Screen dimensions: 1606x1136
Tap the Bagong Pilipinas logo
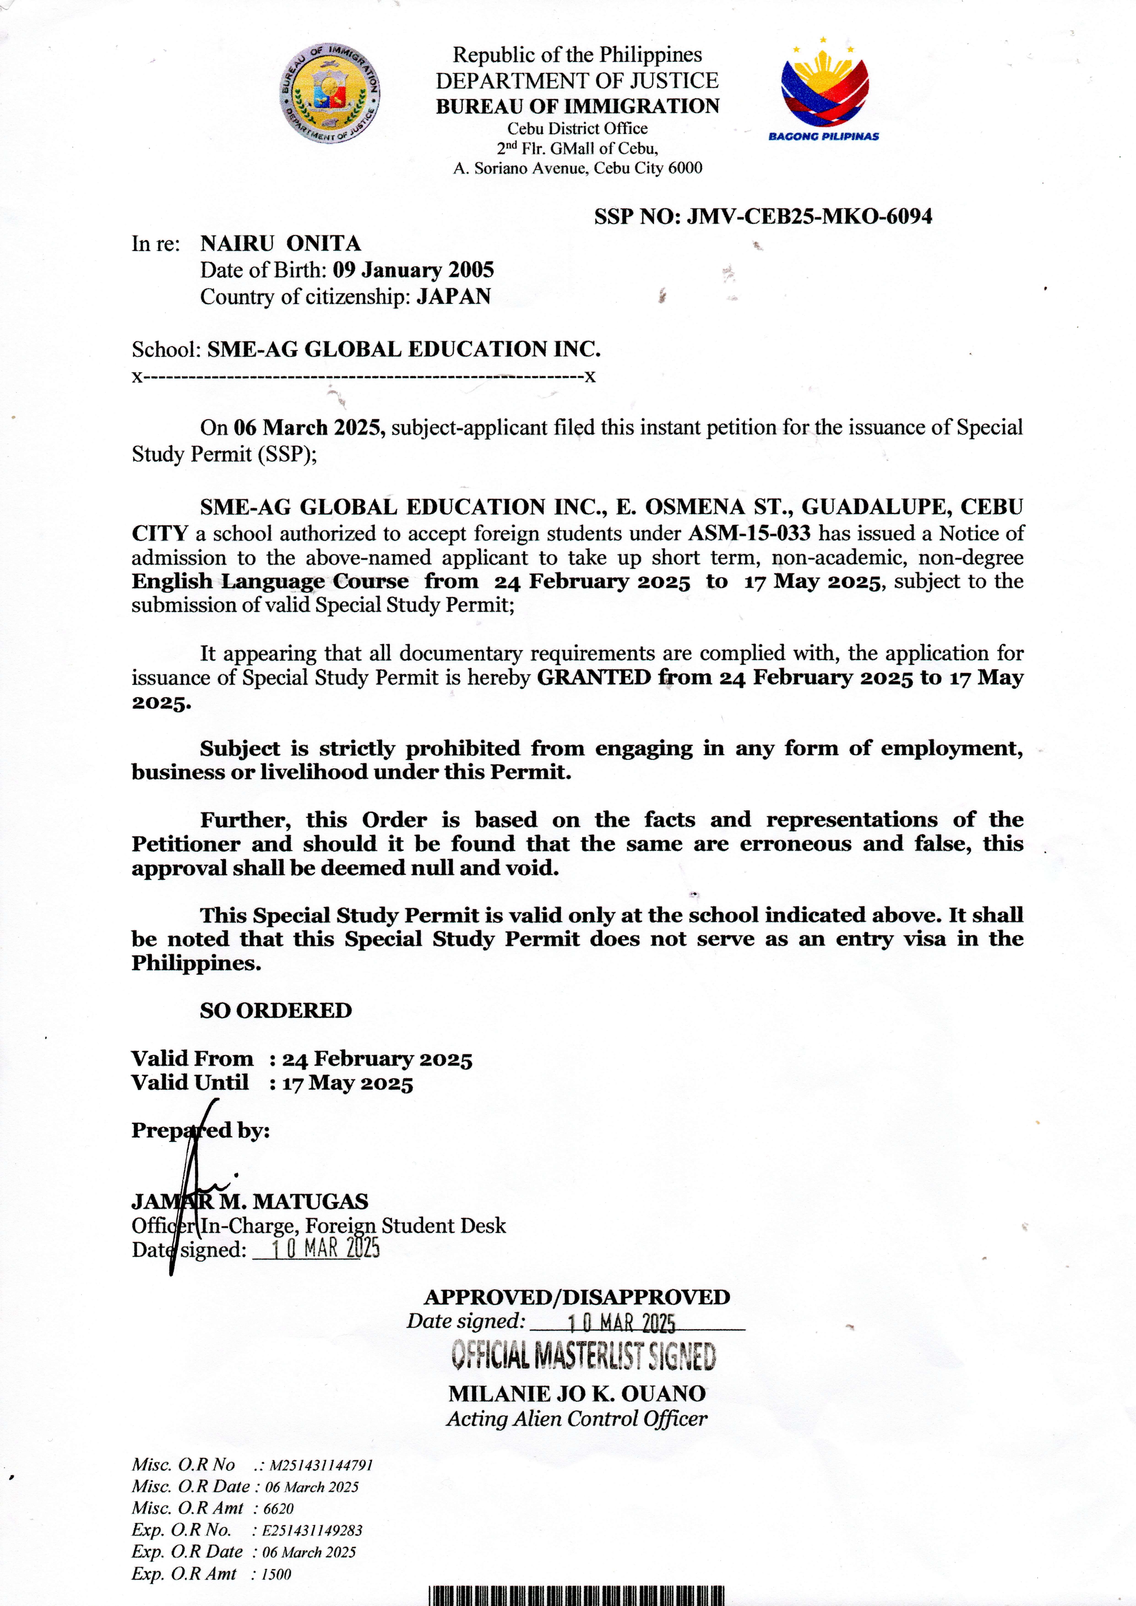coord(824,93)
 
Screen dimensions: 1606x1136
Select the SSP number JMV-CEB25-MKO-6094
coord(809,216)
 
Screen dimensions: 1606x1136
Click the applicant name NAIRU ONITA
coord(280,243)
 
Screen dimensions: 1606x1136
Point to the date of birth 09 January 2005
coord(413,270)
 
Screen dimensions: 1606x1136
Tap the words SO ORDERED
coord(276,1011)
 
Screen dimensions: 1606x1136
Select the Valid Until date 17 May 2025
coord(348,1083)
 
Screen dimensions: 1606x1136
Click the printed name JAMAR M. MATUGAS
coord(250,1202)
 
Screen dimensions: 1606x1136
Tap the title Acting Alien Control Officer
coord(577,1418)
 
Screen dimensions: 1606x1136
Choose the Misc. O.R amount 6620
coord(278,1508)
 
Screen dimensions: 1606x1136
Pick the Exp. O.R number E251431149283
coord(312,1530)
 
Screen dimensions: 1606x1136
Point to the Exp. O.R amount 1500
coord(276,1574)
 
